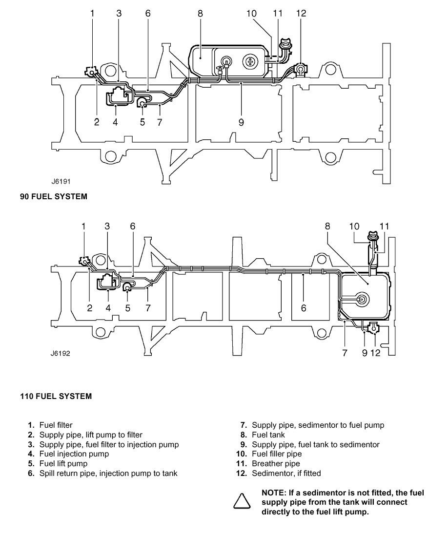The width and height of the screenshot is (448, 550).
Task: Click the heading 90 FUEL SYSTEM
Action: [53, 196]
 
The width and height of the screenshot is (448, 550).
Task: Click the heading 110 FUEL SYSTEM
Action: [56, 397]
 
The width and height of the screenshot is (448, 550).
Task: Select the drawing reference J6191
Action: [61, 181]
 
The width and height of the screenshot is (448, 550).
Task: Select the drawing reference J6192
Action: [60, 353]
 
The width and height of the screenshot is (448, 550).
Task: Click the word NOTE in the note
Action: [273, 493]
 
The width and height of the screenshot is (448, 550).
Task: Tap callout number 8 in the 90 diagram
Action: [200, 13]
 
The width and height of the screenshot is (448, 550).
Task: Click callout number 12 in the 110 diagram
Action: [375, 353]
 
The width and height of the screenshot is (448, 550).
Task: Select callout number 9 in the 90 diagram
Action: [241, 122]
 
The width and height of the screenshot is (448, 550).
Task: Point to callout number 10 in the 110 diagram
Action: [354, 226]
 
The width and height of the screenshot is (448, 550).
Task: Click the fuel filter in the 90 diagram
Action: [91, 72]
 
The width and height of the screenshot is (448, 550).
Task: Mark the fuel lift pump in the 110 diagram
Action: [127, 287]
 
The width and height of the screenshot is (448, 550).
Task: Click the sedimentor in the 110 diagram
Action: [373, 328]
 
